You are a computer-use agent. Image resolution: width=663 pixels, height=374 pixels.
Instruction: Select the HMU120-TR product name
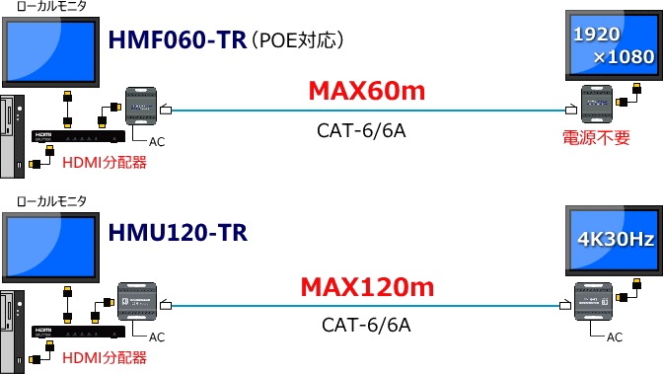pos(179,234)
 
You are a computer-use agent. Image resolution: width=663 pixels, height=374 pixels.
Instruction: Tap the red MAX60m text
pos(366,92)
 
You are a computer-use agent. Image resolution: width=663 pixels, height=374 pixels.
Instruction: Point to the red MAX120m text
pos(366,288)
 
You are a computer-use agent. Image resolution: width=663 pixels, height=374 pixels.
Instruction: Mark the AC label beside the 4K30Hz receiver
pos(614,337)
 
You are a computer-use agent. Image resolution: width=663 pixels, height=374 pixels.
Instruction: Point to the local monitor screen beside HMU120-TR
pos(50,242)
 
